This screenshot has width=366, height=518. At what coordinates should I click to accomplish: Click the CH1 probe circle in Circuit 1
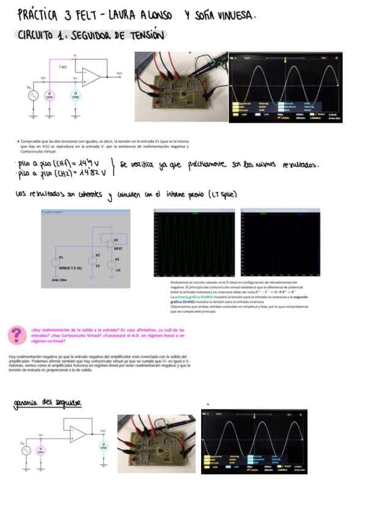pyautogui.click(x=49, y=95)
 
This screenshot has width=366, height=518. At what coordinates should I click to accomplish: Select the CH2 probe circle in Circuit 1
pyautogui.click(x=76, y=95)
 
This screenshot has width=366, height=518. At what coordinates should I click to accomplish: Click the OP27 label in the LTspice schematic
pyautogui.click(x=119, y=249)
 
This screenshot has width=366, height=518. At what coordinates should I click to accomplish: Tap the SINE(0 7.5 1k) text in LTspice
pyautogui.click(x=72, y=268)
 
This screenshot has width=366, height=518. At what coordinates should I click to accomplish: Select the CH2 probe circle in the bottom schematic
pyautogui.click(x=104, y=445)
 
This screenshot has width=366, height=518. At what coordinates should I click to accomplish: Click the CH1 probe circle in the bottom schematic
pyautogui.click(x=42, y=451)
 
